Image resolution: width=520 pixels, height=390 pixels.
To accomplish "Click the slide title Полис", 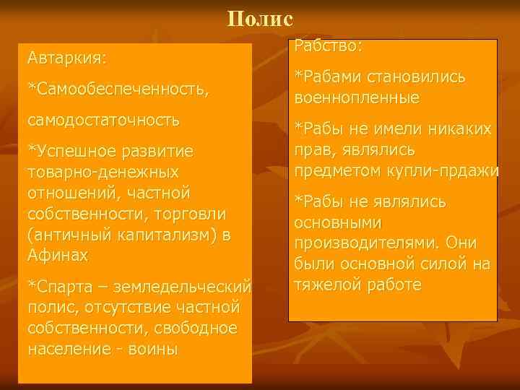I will pos(260,17).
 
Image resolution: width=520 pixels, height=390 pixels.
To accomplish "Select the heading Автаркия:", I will pos(66,56).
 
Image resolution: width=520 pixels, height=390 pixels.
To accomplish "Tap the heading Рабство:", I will pos(328,47).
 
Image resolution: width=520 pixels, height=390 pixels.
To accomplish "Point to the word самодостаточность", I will pos(103,119).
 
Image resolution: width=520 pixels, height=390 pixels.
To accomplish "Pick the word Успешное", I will pos(72,152).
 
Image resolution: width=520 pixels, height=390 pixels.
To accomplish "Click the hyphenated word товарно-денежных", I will pos(103,173).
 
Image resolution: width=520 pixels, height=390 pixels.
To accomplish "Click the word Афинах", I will pos(57,256).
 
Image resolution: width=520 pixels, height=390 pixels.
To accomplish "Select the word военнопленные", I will pos(357,97).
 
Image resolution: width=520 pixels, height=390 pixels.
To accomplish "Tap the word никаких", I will pos(459,130).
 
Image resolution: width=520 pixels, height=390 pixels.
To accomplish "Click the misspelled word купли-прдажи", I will pos(452,172).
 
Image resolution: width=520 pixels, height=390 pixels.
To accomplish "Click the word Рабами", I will pos(329,77).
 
